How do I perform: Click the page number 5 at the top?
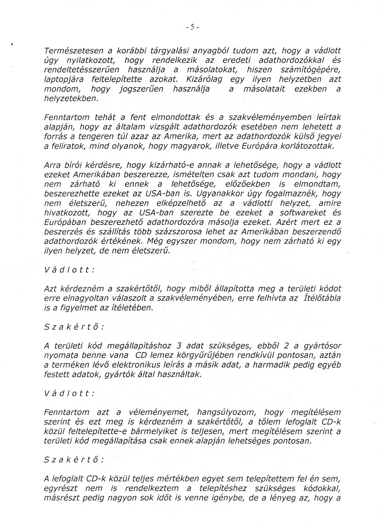192,28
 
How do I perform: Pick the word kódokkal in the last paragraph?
324,488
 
